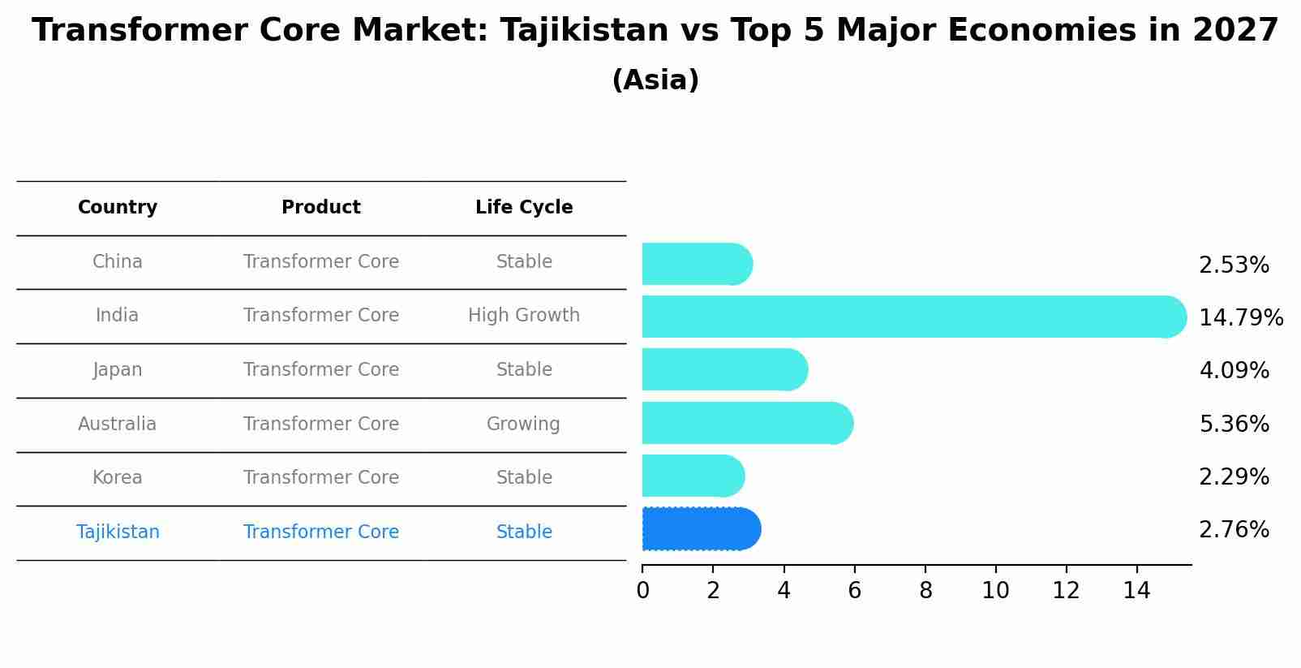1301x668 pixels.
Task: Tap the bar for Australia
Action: [747, 423]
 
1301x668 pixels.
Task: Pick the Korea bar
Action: [693, 476]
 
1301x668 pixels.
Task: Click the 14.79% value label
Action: [1240, 317]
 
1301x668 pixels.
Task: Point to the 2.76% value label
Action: [1234, 530]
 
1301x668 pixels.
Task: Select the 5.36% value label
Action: [1234, 424]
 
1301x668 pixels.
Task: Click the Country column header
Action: [118, 208]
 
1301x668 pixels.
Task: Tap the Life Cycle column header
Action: [524, 208]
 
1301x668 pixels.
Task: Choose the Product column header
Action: [321, 208]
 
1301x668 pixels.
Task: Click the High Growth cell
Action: [524, 316]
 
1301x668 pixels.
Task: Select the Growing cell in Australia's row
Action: [523, 425]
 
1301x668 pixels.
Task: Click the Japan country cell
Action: [118, 370]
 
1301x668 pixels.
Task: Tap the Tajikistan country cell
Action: [118, 532]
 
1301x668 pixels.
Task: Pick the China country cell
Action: [118, 262]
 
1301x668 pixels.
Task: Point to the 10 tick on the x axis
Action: [995, 591]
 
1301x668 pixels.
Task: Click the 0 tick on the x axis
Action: [642, 591]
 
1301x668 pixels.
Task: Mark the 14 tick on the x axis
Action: [1137, 591]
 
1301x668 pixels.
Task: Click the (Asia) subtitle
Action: [655, 80]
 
